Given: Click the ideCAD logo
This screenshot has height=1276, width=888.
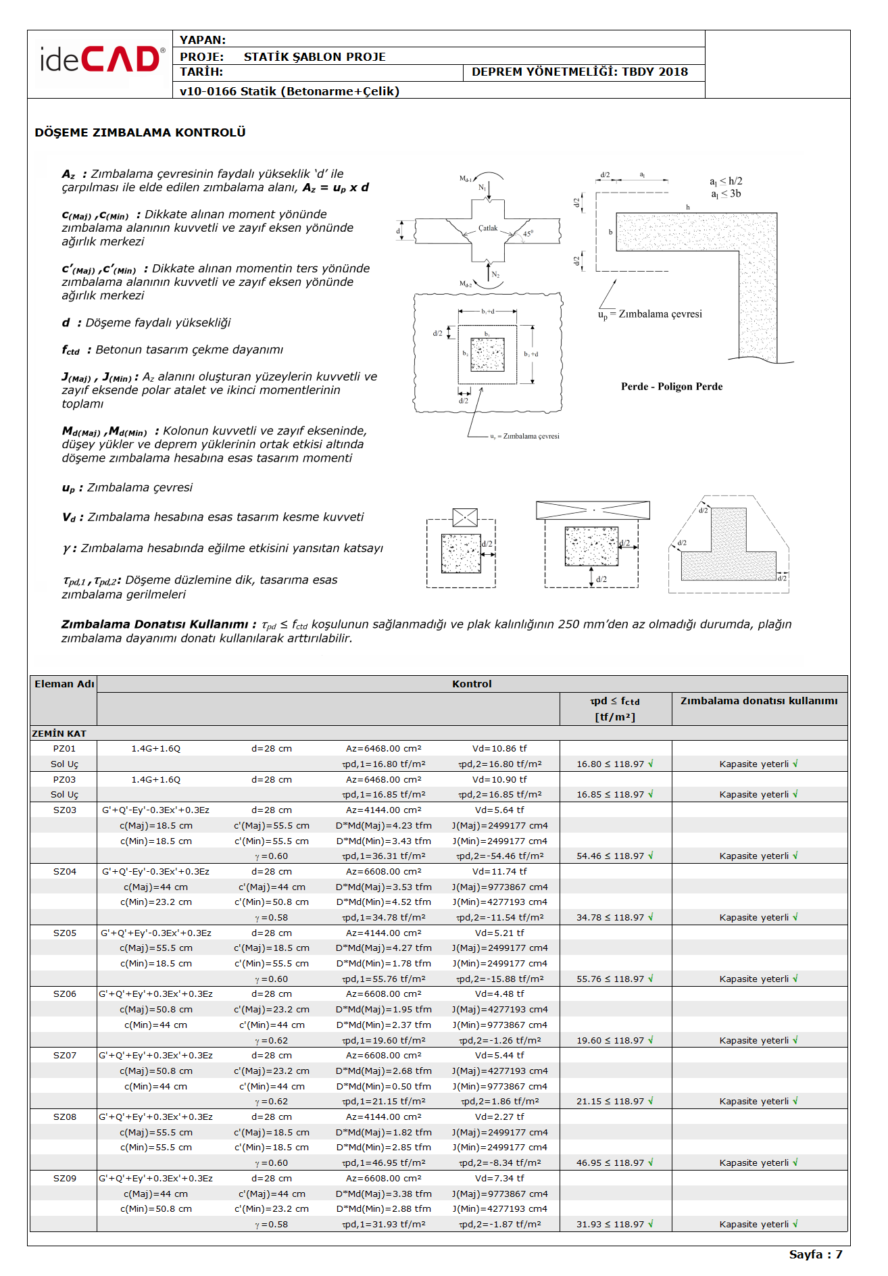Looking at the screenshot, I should [x=101, y=60].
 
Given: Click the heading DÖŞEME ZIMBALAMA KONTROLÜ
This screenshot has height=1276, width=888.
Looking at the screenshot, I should [x=140, y=132].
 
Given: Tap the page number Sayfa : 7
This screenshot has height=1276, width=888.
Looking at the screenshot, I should [x=815, y=1254].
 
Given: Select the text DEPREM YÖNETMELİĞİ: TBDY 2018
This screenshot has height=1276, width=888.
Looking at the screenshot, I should [x=579, y=72].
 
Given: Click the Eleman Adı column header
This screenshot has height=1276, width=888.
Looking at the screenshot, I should [x=64, y=684].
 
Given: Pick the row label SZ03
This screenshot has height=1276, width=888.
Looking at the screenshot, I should [x=65, y=810].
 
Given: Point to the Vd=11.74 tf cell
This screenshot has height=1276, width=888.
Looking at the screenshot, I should [x=499, y=871].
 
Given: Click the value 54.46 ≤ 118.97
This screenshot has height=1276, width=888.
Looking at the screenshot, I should [x=614, y=856].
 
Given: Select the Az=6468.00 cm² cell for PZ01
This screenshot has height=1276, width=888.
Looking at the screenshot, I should [x=383, y=748].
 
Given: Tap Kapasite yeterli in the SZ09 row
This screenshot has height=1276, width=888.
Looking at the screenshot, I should [x=758, y=1224].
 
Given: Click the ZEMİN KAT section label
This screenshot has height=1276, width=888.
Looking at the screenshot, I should [x=59, y=733].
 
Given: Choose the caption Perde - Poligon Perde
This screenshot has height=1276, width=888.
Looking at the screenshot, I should [x=671, y=387].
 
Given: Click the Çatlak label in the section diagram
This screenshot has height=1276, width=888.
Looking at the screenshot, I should [x=488, y=228].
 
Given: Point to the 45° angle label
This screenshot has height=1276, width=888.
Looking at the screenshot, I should [x=528, y=233].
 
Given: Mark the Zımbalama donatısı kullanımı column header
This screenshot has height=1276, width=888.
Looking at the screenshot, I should [x=758, y=701].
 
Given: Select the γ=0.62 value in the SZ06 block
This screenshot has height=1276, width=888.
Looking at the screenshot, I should [x=272, y=1041].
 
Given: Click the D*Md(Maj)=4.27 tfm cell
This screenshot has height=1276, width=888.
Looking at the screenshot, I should [x=383, y=948].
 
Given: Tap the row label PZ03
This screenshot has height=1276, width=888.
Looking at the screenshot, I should [x=64, y=779].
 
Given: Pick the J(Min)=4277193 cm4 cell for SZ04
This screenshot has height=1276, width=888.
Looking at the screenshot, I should [x=499, y=902].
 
